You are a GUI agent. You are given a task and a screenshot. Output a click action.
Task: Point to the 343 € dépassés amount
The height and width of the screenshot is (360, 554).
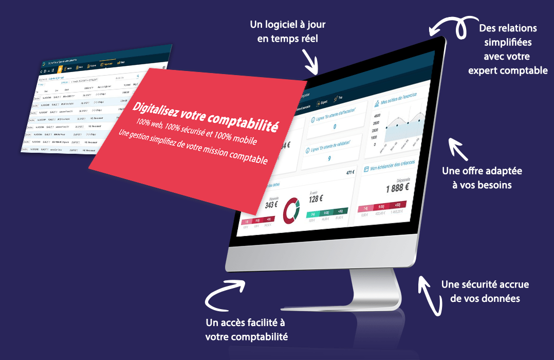[x=271, y=204]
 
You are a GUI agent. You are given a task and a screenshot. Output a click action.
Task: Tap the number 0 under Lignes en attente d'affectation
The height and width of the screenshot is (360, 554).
[x=335, y=127]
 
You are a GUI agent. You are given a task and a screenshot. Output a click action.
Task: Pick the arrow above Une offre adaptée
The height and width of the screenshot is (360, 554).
[x=455, y=147]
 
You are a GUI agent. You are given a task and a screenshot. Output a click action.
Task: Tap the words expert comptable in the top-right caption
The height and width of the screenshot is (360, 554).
[x=508, y=70]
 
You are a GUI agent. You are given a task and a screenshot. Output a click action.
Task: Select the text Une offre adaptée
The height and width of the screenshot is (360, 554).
[x=482, y=171]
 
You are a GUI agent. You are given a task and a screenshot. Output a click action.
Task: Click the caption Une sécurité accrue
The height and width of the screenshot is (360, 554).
[x=485, y=284]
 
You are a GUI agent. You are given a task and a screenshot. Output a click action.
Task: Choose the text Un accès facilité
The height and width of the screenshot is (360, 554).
[x=245, y=323]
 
